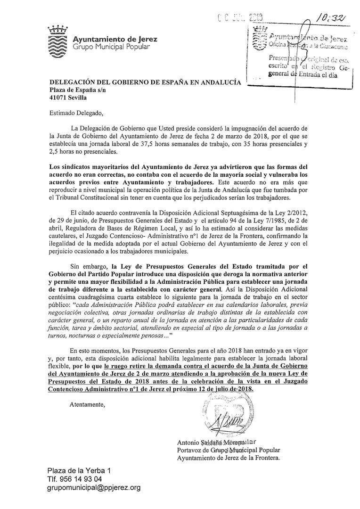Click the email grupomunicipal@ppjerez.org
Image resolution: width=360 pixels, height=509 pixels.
tap(94, 488)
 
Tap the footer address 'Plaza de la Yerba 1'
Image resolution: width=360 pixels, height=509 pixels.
tap(79, 471)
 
